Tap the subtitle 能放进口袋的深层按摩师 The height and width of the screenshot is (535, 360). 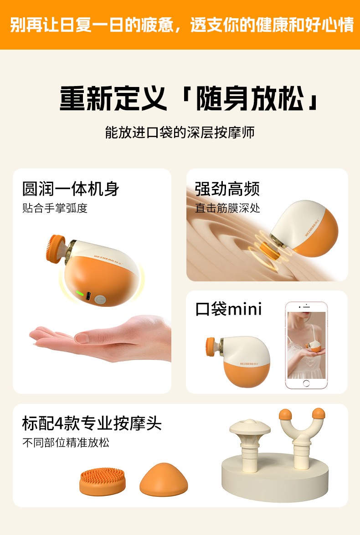tap(180, 132)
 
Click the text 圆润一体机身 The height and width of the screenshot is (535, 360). tap(71, 189)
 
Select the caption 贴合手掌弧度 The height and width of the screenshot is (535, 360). tap(55, 208)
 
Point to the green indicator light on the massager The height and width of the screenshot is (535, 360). tap(80, 293)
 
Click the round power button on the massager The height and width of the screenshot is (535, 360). tap(100, 300)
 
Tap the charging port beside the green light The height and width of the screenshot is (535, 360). tap(88, 296)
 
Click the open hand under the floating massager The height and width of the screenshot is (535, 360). tap(101, 338)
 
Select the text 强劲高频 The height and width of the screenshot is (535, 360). tap(227, 189)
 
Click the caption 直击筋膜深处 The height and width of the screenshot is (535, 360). tap(227, 208)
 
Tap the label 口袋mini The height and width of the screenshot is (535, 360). tap(228, 309)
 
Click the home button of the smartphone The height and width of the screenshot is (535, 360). tap(306, 383)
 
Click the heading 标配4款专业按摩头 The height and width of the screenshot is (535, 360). tap(92, 423)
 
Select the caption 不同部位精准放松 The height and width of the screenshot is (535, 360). tap(66, 443)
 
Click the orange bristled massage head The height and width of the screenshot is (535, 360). tap(103, 481)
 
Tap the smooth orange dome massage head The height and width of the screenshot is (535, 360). tap(164, 479)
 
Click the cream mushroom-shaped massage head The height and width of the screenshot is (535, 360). tap(250, 443)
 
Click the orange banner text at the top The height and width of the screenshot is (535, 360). tap(181, 25)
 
